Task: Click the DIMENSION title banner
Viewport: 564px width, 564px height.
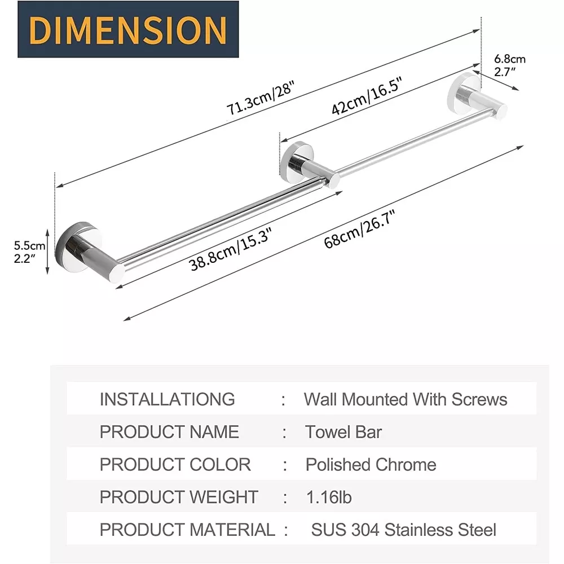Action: pos(128,29)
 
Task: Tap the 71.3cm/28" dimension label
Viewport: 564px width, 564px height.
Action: pos(261,98)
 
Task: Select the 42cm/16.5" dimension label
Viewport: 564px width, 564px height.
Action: pos(366,96)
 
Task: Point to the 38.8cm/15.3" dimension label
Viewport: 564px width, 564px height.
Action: pos(230,249)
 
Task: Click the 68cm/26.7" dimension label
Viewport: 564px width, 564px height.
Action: pos(360,229)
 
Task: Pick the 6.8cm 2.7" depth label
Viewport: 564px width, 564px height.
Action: pos(509,65)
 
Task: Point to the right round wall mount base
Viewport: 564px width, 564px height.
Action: pos(463,91)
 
